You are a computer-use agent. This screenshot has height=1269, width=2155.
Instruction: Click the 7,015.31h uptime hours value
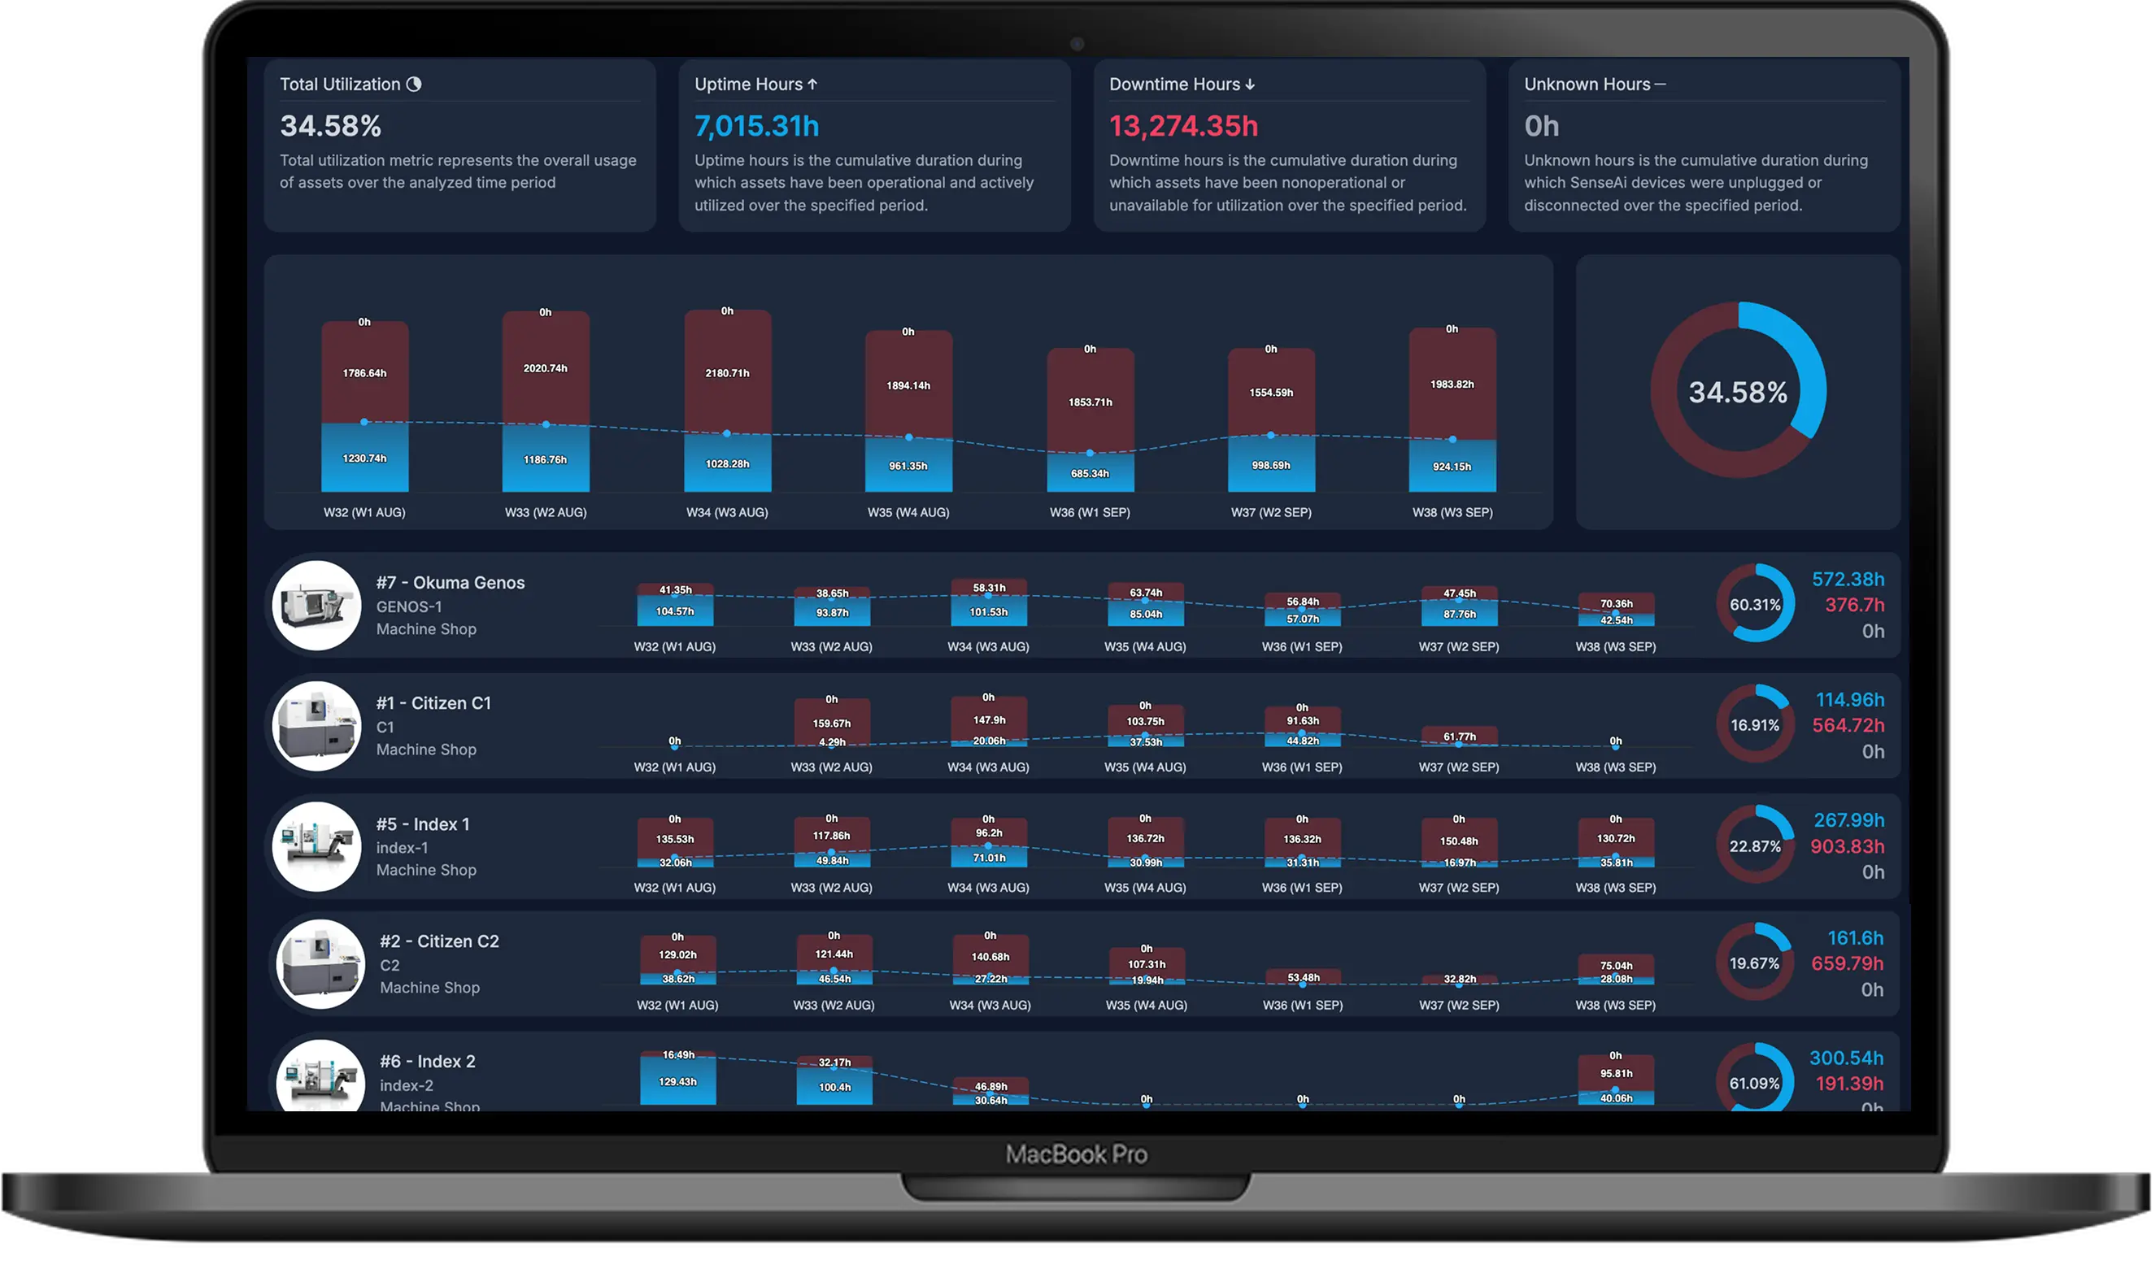pos(756,127)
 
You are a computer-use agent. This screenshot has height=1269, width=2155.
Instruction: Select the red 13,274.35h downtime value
pos(1182,127)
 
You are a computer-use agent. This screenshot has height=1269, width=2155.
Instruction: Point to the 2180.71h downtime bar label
pos(727,373)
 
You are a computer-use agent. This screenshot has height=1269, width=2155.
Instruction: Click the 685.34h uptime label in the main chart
pos(1090,473)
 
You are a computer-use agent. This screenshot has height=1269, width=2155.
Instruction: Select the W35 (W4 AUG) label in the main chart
pos(908,512)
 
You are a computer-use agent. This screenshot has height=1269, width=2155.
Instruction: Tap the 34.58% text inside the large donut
pos(1737,393)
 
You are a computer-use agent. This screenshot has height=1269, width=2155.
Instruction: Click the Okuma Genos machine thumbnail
pos(316,606)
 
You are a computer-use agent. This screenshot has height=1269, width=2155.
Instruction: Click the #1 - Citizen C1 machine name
pos(433,703)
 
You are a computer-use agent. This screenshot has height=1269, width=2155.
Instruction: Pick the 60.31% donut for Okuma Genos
pos(1755,604)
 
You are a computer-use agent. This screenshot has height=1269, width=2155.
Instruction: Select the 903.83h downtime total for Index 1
pos(1846,845)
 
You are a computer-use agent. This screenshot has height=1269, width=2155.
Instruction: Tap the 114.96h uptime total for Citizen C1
pos(1849,699)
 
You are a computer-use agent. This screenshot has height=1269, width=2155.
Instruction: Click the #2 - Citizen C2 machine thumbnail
pos(320,963)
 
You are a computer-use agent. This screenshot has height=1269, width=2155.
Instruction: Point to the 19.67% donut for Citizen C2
pos(1754,963)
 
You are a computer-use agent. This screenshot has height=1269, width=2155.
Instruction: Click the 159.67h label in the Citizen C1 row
pos(831,724)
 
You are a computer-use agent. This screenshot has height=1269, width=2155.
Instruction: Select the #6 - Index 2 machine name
pos(427,1061)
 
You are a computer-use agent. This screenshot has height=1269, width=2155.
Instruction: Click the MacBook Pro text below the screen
pos(1076,1154)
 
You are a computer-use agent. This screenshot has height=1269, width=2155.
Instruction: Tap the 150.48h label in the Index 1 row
pos(1458,841)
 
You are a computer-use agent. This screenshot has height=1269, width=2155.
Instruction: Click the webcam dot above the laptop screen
pos(1077,44)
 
